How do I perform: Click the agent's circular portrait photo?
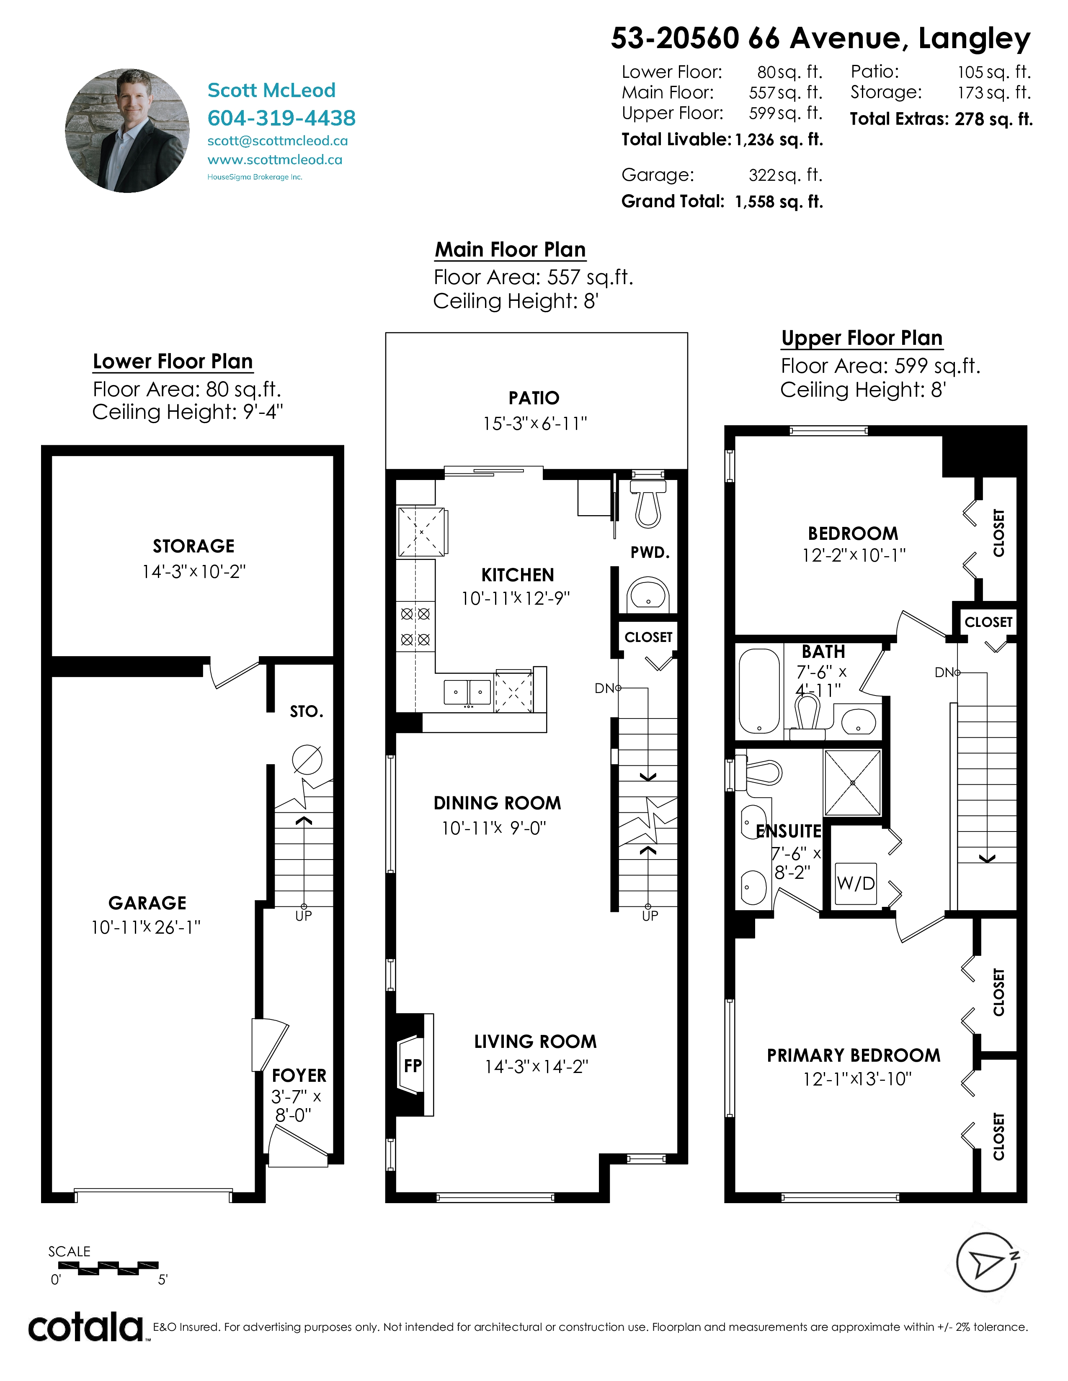coord(127,130)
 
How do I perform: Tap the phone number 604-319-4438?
coord(281,118)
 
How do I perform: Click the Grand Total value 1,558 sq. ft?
coord(779,202)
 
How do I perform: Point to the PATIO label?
coord(534,398)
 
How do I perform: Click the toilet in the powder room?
coord(648,503)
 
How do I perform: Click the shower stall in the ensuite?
coord(852,783)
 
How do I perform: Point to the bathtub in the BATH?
coord(759,691)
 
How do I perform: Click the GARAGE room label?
coord(147,903)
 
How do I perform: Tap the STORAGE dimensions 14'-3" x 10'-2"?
coord(193,572)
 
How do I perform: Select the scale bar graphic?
coord(108,1268)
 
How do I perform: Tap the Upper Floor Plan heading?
coord(862,338)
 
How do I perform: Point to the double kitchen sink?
coord(467,692)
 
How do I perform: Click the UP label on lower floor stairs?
coord(304,916)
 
